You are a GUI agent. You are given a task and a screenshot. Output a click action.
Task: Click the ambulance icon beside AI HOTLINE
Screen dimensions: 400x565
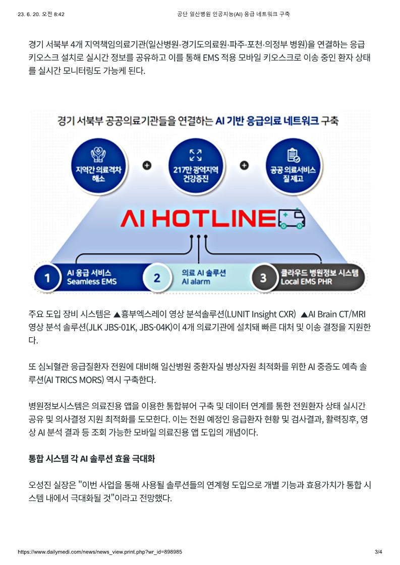point(292,218)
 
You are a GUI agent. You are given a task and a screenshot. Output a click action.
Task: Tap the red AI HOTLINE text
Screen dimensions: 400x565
point(198,218)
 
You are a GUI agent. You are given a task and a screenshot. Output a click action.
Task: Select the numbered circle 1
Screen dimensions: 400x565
point(47,278)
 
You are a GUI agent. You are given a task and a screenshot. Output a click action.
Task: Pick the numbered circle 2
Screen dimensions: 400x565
point(157,278)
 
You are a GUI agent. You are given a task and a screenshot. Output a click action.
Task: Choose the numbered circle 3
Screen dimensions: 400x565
point(263,278)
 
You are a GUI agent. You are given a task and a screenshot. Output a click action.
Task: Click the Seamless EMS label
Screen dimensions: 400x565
point(92,282)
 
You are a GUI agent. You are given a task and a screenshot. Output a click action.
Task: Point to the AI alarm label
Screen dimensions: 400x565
point(196,282)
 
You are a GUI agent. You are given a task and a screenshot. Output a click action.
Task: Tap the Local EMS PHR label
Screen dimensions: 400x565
point(306,282)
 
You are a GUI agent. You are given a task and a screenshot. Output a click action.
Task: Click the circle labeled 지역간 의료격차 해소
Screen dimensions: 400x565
point(98,166)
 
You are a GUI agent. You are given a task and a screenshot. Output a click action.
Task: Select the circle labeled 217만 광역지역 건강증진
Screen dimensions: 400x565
point(196,166)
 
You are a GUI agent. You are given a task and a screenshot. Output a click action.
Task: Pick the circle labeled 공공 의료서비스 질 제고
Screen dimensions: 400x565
point(293,166)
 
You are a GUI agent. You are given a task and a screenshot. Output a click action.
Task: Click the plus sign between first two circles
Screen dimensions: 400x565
point(147,165)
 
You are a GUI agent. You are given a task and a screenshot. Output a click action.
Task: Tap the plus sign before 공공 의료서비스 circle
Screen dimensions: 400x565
point(244,165)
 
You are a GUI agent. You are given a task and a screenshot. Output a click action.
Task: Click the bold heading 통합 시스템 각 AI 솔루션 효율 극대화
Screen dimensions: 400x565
point(92,459)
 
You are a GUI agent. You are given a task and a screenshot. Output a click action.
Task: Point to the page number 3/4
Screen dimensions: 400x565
point(378,552)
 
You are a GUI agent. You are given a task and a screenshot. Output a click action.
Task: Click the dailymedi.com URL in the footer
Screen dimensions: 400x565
point(100,552)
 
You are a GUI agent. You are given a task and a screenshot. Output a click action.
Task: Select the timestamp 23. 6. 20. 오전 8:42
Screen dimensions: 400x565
point(41,14)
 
